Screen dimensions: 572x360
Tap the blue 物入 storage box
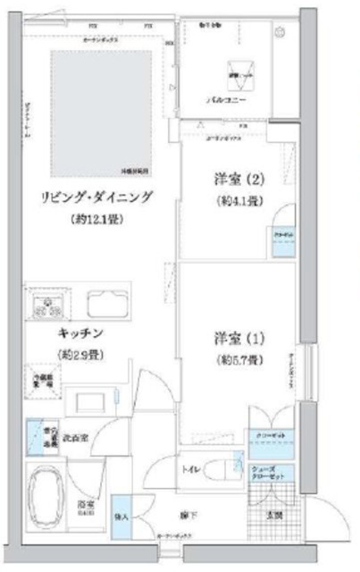[x=121, y=516]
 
